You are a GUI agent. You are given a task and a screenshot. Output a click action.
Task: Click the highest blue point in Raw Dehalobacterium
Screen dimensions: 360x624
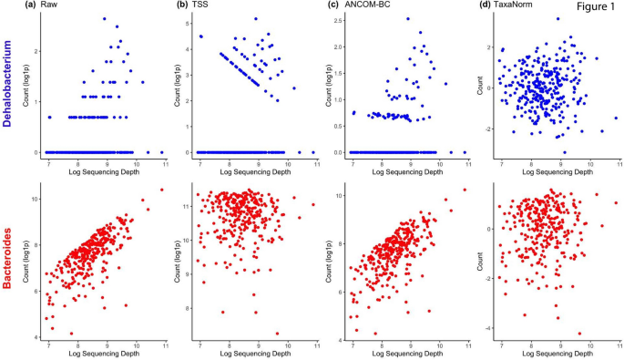105,18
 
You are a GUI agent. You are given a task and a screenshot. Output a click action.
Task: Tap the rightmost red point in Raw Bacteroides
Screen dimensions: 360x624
162,190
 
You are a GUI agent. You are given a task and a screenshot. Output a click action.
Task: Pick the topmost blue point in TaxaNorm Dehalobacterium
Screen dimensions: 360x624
558,18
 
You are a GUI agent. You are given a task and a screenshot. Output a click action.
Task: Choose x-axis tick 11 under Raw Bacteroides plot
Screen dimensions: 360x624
164,347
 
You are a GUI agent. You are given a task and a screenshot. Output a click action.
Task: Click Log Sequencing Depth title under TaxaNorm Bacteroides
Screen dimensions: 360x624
556,356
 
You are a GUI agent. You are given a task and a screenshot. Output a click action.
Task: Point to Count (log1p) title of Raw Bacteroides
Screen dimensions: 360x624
26,264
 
